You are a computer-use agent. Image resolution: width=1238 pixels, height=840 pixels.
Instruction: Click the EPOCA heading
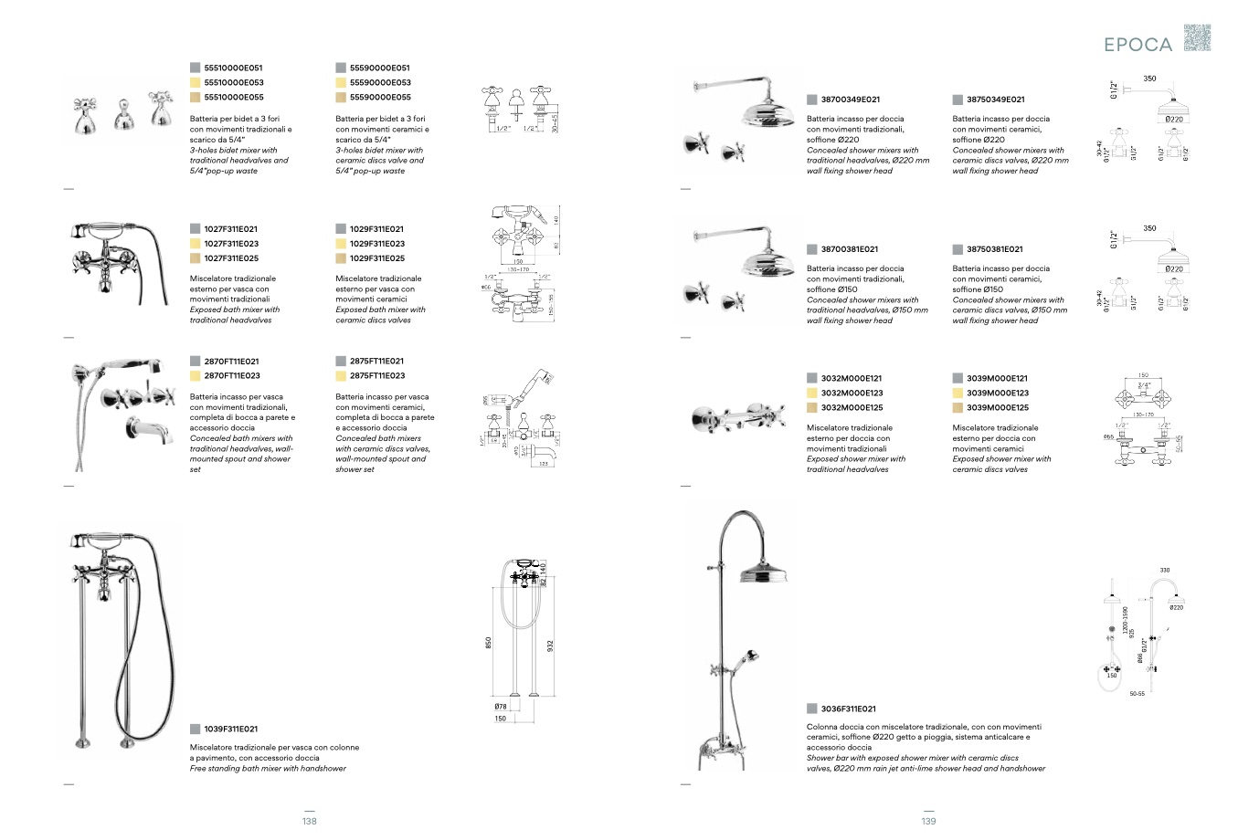click(1137, 44)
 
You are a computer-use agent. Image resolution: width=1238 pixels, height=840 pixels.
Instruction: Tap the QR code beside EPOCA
click(1197, 38)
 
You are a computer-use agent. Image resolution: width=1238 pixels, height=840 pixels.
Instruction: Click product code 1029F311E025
click(376, 258)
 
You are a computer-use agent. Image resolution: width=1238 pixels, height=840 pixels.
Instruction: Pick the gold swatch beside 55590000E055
click(341, 97)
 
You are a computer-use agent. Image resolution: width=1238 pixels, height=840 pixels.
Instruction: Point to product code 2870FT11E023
click(232, 375)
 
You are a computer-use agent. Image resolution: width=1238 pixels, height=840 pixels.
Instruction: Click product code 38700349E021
click(850, 100)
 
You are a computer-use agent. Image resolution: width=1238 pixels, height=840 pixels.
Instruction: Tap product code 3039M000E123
click(997, 394)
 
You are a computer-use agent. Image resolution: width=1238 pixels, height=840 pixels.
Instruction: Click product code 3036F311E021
click(848, 709)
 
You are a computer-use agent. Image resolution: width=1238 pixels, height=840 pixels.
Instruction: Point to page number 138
click(310, 821)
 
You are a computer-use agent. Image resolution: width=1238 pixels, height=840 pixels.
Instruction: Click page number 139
click(928, 821)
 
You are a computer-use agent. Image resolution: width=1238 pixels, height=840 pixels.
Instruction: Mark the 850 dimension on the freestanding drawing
click(490, 644)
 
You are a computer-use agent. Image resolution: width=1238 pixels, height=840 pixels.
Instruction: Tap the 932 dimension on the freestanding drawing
click(550, 646)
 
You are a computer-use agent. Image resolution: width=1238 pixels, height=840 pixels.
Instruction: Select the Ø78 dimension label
click(501, 706)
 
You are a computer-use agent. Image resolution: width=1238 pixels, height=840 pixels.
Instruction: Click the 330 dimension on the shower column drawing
click(1164, 570)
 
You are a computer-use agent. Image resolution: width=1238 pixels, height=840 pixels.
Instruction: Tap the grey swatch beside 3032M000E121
click(811, 378)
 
